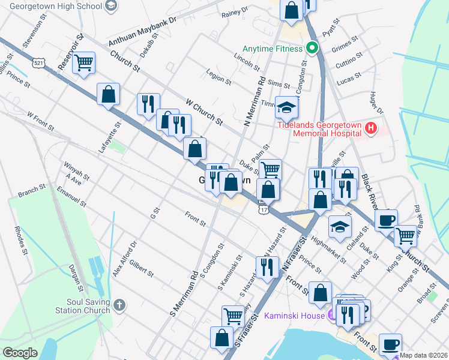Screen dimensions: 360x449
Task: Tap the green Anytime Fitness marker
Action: [312, 48]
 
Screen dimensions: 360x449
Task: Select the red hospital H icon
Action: [371, 128]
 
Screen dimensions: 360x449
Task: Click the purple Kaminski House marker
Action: [332, 314]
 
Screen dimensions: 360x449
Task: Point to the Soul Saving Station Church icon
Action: [120, 305]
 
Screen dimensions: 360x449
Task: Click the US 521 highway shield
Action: [39, 63]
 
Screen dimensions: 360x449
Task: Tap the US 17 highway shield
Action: [264, 209]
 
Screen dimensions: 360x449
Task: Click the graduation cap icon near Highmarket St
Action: [339, 227]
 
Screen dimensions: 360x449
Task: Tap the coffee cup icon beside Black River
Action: [386, 219]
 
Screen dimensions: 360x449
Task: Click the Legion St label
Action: [218, 79]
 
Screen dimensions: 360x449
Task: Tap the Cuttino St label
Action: [349, 62]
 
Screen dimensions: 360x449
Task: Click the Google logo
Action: [20, 353]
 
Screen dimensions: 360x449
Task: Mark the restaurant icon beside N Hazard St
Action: [267, 265]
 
